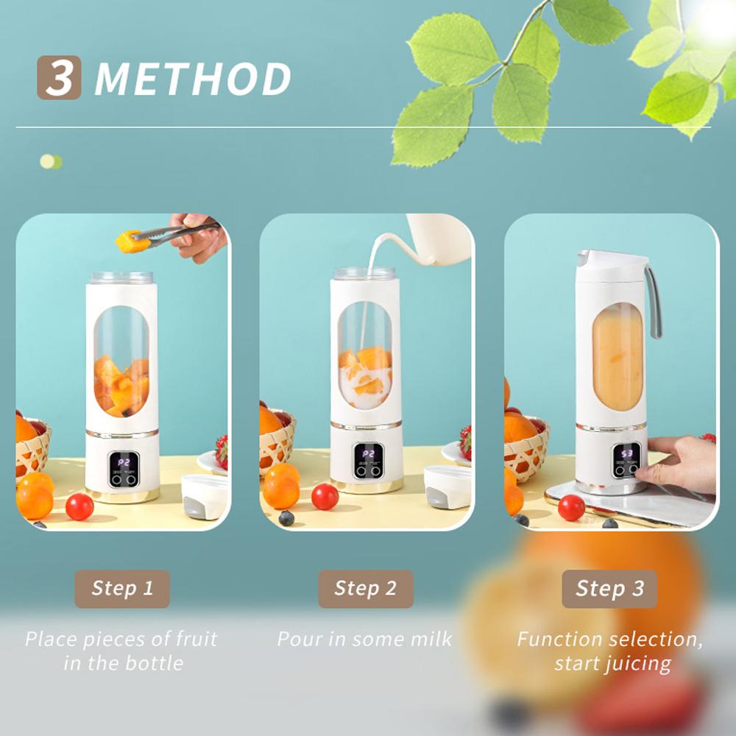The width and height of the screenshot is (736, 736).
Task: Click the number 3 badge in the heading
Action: click(59, 77)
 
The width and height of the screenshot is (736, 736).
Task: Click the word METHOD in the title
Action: click(193, 79)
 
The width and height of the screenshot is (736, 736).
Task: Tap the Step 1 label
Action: click(122, 589)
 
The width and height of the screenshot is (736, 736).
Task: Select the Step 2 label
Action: click(366, 589)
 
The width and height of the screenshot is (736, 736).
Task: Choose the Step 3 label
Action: click(609, 589)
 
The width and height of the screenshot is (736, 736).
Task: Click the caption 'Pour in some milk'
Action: click(365, 639)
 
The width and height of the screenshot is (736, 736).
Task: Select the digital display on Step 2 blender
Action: click(367, 454)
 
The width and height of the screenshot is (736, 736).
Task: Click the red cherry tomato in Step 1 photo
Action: click(79, 506)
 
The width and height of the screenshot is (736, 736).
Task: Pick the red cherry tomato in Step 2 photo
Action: click(325, 497)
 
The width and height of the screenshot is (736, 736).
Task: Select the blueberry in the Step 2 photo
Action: click(286, 518)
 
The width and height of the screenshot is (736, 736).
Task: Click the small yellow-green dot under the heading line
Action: click(51, 162)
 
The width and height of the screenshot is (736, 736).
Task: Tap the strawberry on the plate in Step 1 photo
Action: click(221, 450)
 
